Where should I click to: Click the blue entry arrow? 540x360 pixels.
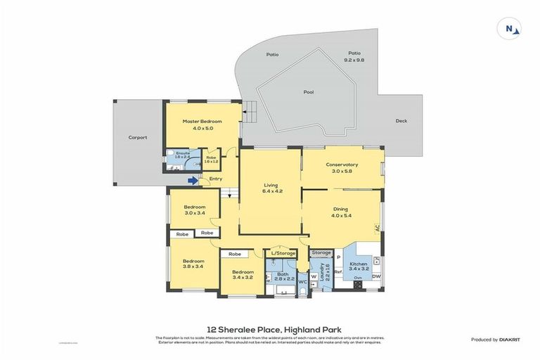192,181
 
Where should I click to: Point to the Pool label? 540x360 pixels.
309,92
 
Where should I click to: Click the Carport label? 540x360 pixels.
137,138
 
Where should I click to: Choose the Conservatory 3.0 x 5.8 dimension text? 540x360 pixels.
342,171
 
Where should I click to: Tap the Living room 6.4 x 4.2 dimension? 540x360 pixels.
271,191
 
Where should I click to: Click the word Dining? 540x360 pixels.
342,209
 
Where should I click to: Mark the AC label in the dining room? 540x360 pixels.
378,228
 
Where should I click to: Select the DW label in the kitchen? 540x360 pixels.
376,276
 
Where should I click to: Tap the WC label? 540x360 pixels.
302,281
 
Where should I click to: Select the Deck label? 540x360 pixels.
401,121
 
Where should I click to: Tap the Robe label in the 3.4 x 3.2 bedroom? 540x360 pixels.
234,254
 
